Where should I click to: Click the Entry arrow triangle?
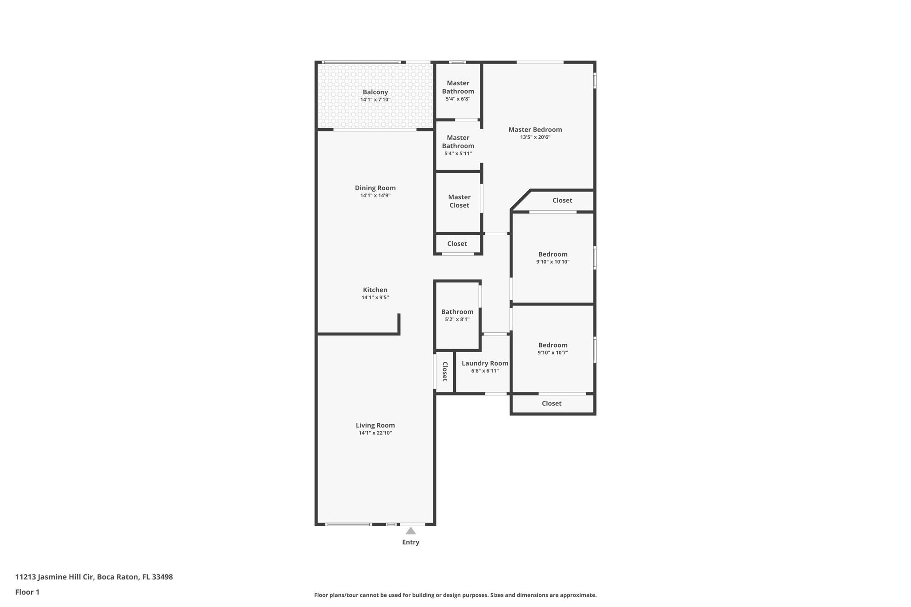point(411,531)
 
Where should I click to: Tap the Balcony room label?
point(375,92)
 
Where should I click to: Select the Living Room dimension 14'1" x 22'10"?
point(375,433)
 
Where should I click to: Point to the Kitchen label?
point(375,290)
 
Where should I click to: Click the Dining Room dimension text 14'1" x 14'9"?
point(375,196)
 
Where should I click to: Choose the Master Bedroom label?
point(535,129)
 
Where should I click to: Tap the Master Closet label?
point(459,201)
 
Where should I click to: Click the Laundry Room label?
point(485,363)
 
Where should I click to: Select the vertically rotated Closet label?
point(444,371)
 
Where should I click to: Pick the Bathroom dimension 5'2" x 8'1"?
point(457,319)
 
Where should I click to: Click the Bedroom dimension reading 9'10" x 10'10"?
point(553,262)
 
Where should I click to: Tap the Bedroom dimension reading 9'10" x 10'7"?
point(553,353)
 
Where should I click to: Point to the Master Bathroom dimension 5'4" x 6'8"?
point(458,99)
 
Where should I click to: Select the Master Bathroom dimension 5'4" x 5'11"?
point(458,154)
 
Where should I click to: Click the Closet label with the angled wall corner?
point(562,201)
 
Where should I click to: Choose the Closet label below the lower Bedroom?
point(552,403)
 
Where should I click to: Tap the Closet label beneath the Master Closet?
point(457,244)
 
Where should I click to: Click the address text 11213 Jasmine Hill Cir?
point(54,577)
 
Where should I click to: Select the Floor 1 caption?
point(27,592)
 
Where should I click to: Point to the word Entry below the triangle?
point(411,542)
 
